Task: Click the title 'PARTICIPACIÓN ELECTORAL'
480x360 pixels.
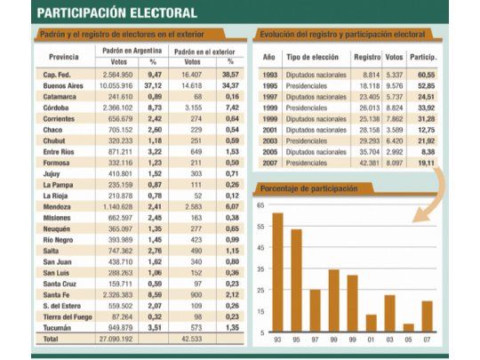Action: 117,12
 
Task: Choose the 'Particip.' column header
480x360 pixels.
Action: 428,56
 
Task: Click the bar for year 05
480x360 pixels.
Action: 408,326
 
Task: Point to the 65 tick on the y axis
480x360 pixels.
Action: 261,205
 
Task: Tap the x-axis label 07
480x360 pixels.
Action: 427,339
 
